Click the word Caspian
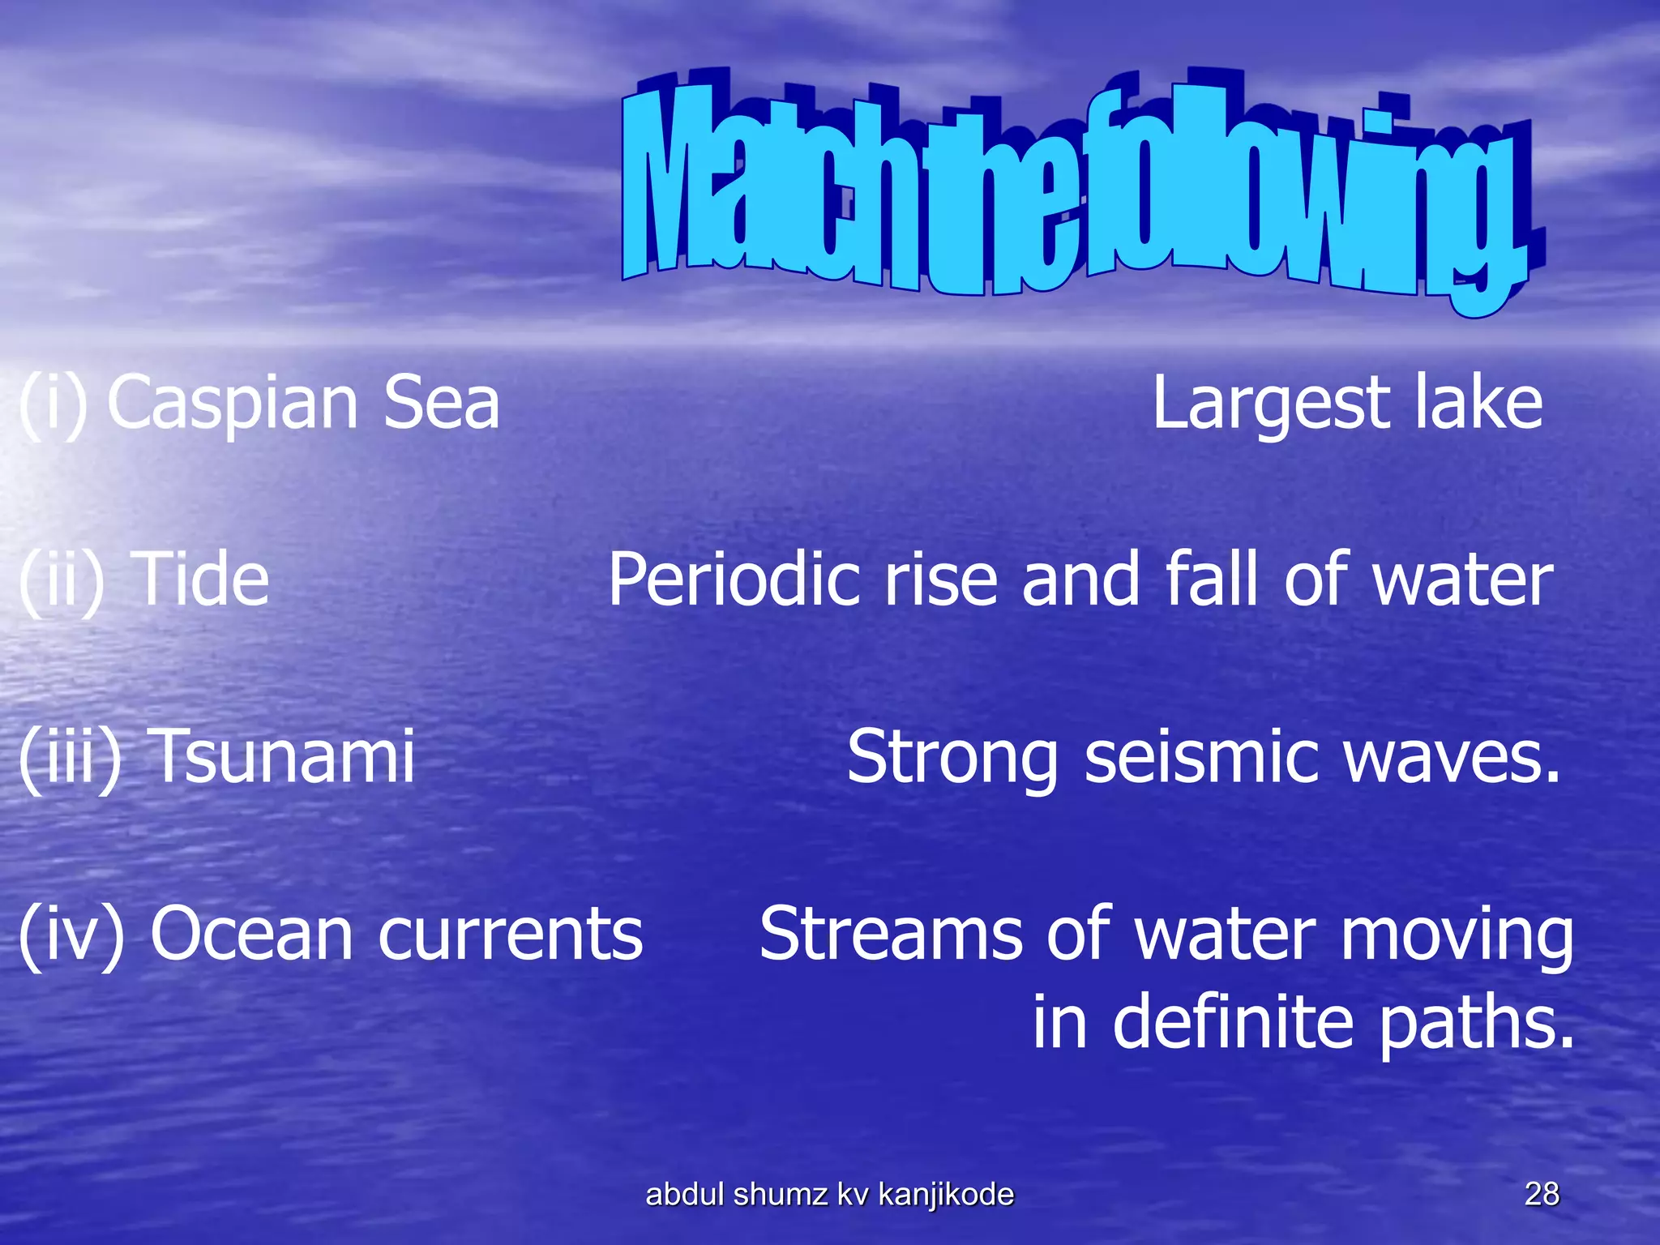[232, 404]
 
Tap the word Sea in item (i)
[441, 403]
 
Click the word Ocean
[251, 934]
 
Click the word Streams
[890, 934]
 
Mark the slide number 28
[1541, 1194]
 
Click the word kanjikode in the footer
[945, 1195]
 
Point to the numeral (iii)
[70, 757]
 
